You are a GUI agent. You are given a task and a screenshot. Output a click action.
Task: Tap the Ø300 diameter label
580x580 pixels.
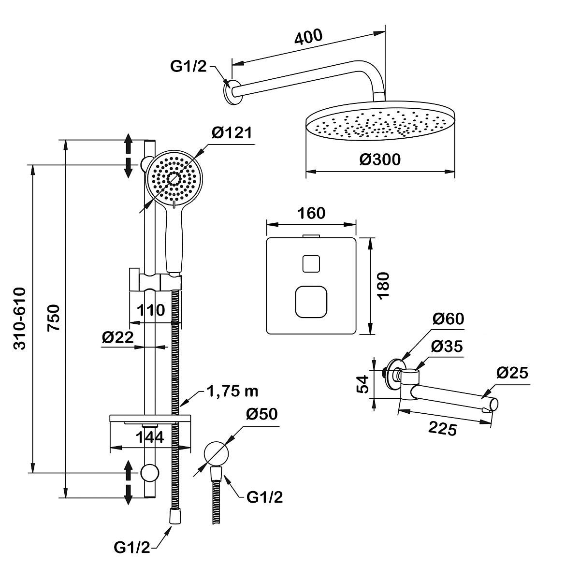380,159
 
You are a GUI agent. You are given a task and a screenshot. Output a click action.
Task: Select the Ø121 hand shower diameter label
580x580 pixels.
232,133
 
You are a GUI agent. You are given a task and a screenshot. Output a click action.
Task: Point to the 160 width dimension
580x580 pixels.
312,213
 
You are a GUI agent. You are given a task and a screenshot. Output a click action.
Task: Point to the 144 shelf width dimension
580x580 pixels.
149,437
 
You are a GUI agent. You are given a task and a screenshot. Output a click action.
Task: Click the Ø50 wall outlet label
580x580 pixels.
261,415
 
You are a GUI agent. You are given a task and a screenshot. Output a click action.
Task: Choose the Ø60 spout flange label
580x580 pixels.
448,319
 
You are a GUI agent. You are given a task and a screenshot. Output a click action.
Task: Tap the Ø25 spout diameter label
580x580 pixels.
512,373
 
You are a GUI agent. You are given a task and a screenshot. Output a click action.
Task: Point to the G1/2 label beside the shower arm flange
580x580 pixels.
188,66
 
